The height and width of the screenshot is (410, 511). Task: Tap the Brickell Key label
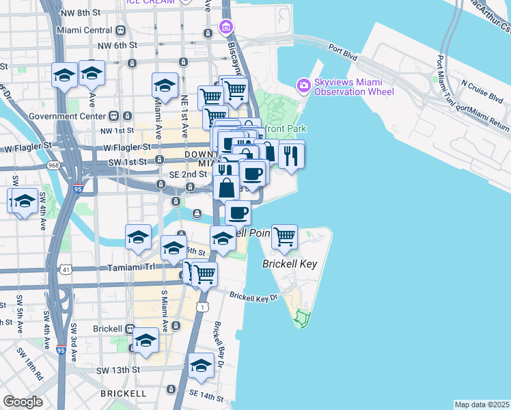tap(290, 263)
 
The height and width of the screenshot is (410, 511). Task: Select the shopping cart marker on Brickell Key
tap(284, 237)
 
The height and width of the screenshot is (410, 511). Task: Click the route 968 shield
tap(52, 166)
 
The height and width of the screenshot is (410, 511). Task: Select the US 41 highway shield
tap(66, 270)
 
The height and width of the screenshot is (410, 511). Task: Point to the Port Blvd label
tap(343, 49)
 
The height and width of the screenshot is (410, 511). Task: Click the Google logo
tap(23, 402)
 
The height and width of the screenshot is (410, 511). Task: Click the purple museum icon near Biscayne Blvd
tap(225, 27)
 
